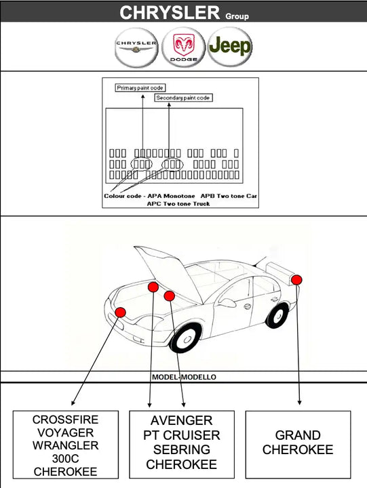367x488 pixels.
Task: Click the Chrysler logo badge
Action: pyautogui.click(x=136, y=47)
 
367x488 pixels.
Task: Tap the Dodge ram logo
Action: pyautogui.click(x=183, y=47)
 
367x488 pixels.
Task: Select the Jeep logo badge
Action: pyautogui.click(x=230, y=47)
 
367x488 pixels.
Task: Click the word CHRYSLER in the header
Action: pyautogui.click(x=170, y=12)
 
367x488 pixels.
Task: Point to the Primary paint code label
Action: pyautogui.click(x=140, y=88)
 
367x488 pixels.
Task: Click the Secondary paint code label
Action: pyautogui.click(x=183, y=98)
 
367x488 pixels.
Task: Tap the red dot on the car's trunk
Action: pyautogui.click(x=296, y=279)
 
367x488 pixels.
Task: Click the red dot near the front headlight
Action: pyautogui.click(x=120, y=312)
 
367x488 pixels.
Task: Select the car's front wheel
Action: pyautogui.click(x=185, y=337)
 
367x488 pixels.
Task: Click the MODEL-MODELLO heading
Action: pyautogui.click(x=184, y=377)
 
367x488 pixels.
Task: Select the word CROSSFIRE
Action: pyautogui.click(x=66, y=420)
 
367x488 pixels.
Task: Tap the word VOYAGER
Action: pyautogui.click(x=66, y=433)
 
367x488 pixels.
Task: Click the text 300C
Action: pyautogui.click(x=66, y=459)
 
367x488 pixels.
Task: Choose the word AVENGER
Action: pyautogui.click(x=182, y=421)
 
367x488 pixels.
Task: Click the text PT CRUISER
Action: pyautogui.click(x=182, y=435)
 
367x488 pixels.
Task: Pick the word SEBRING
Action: pyautogui.click(x=182, y=450)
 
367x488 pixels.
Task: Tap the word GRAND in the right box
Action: pyautogui.click(x=298, y=435)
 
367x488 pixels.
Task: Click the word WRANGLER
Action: pyautogui.click(x=66, y=446)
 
